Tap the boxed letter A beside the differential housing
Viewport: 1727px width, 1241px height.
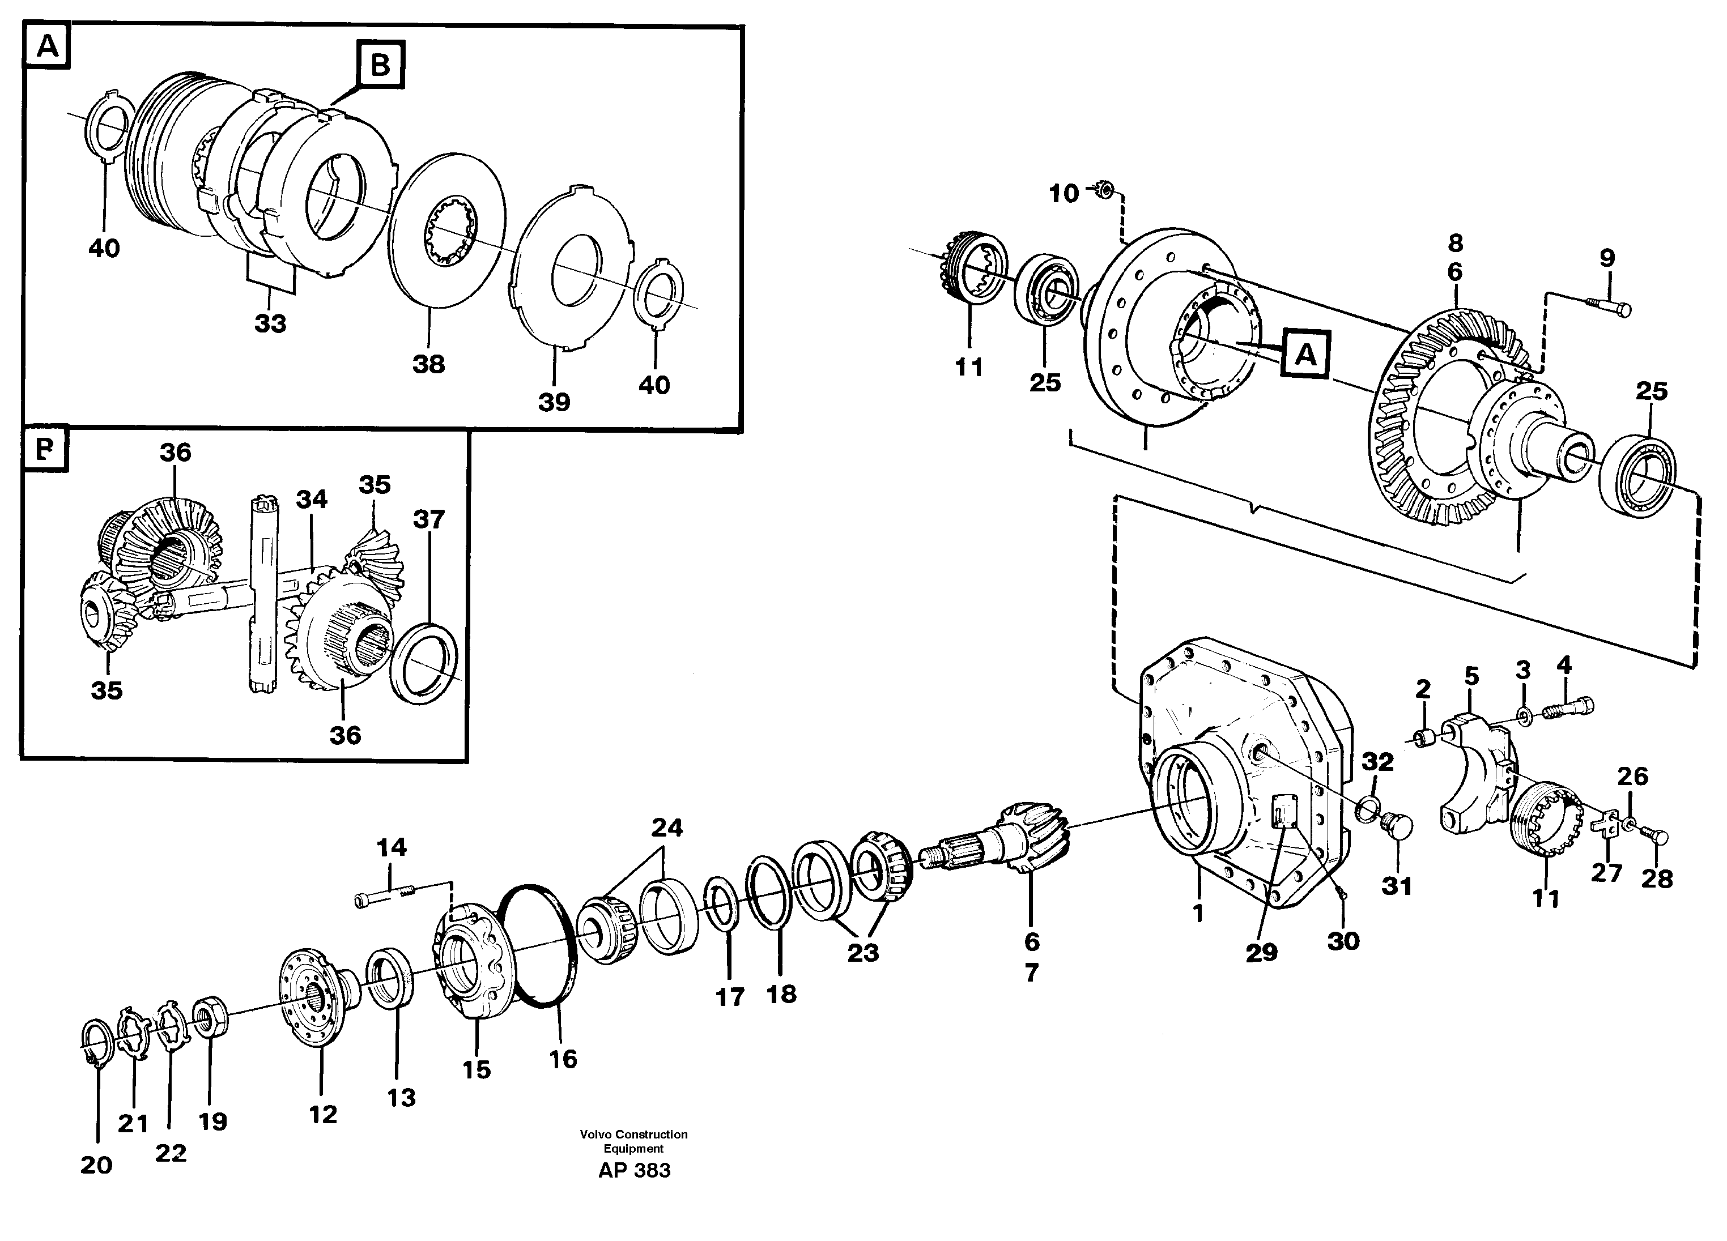(1305, 354)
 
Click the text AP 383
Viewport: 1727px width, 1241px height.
(633, 1170)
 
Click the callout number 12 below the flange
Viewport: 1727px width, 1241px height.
(323, 1115)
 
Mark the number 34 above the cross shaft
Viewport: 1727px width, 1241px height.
(312, 500)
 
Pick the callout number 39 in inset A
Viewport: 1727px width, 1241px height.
(554, 402)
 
